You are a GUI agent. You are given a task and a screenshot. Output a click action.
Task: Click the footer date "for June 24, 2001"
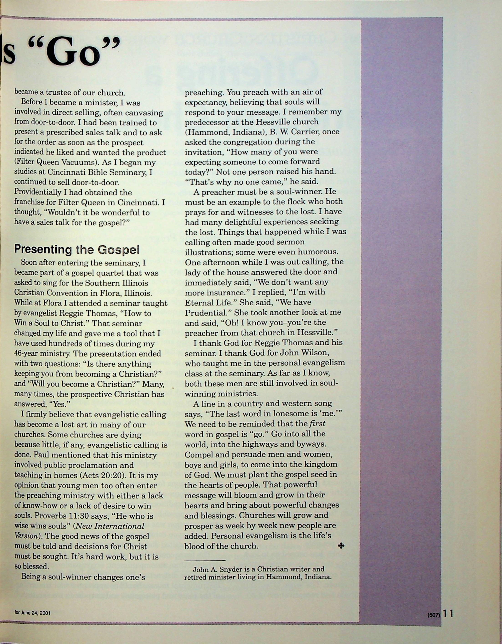pyautogui.click(x=33, y=613)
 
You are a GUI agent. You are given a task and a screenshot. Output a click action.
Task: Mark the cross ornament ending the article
pyautogui.click(x=341, y=546)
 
